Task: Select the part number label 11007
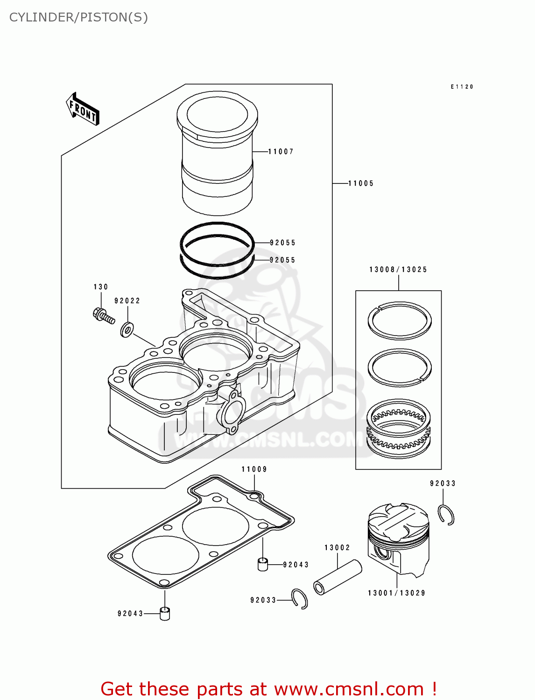[281, 152]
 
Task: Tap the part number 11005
[361, 183]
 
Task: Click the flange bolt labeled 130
[103, 315]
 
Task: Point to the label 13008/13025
[398, 270]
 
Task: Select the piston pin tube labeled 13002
[338, 577]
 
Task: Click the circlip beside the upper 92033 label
[446, 515]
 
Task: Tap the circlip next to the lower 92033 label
[299, 599]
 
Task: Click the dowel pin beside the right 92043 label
[263, 564]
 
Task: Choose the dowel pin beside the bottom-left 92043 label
[165, 613]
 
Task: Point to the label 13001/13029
[396, 593]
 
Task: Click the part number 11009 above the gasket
[254, 469]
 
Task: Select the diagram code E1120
[462, 87]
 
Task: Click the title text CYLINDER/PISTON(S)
[78, 17]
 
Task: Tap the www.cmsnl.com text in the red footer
[349, 689]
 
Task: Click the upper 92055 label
[282, 243]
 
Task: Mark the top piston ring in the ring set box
[399, 321]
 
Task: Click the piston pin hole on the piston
[382, 553]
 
